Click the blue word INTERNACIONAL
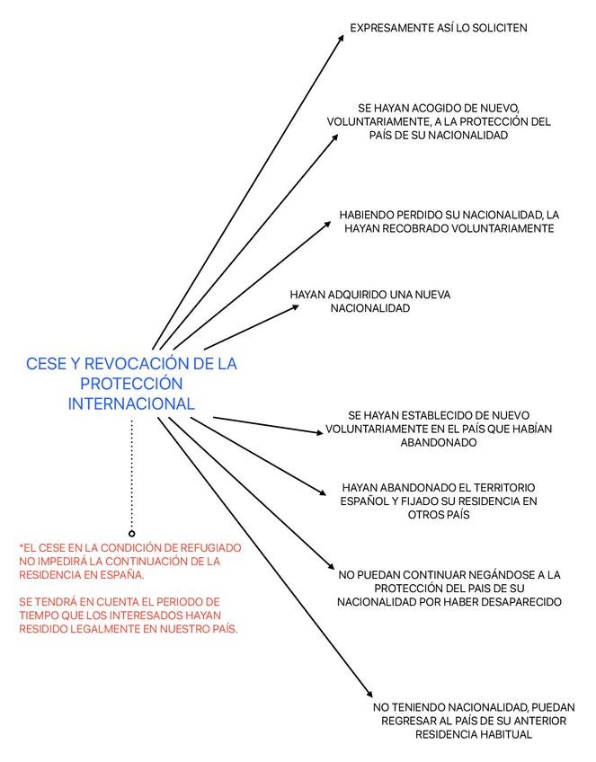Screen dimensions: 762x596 (x=131, y=404)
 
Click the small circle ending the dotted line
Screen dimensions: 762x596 (x=132, y=533)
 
